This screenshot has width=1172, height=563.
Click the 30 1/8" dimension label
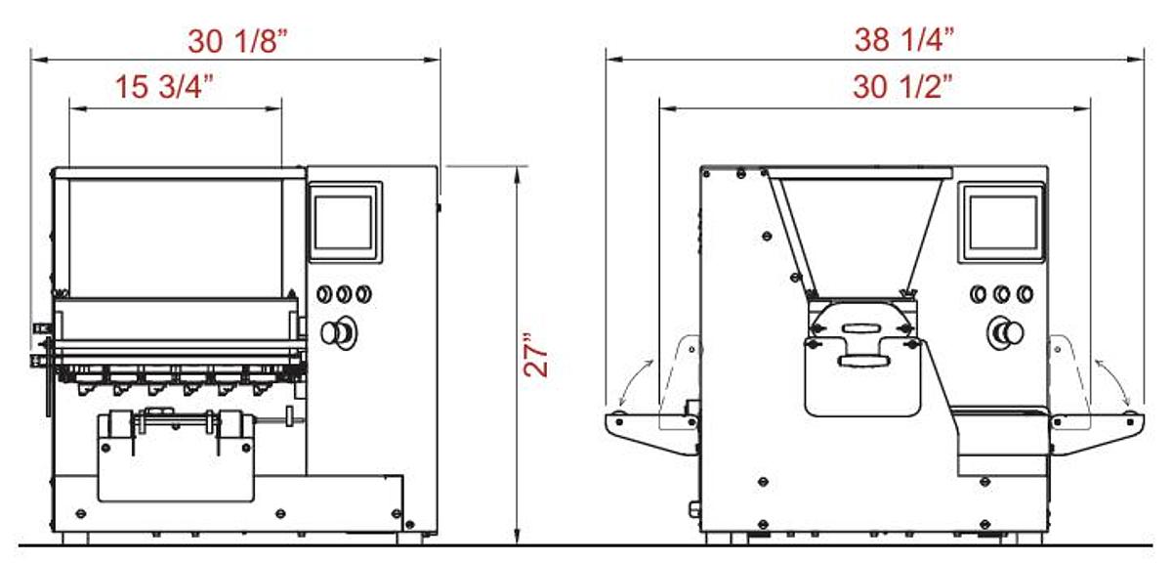237,41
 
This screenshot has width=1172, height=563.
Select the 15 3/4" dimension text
164,86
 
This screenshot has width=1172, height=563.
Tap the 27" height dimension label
536,354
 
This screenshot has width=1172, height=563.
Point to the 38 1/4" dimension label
904,39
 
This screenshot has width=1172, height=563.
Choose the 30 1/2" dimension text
902,86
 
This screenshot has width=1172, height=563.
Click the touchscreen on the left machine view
345,222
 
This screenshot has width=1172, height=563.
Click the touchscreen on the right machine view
1001,222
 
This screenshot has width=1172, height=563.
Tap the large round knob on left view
338,332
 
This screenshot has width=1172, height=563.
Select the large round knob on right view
1006,332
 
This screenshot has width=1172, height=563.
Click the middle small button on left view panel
344,294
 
